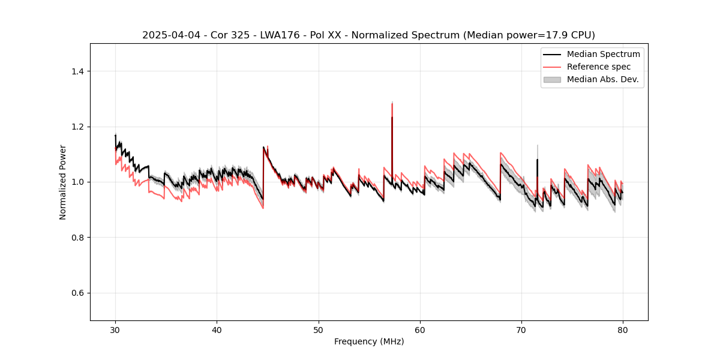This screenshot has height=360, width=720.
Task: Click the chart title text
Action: pyautogui.click(x=368, y=35)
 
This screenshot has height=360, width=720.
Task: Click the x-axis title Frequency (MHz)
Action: pyautogui.click(x=369, y=341)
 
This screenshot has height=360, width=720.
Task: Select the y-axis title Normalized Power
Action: pyautogui.click(x=63, y=182)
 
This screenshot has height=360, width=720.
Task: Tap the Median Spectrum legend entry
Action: pyautogui.click(x=603, y=54)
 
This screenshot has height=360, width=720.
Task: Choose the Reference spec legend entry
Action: pyautogui.click(x=598, y=67)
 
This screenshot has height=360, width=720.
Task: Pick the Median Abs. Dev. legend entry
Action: pyautogui.click(x=602, y=79)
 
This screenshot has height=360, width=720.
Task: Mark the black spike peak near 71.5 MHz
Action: pyautogui.click(x=537, y=159)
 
